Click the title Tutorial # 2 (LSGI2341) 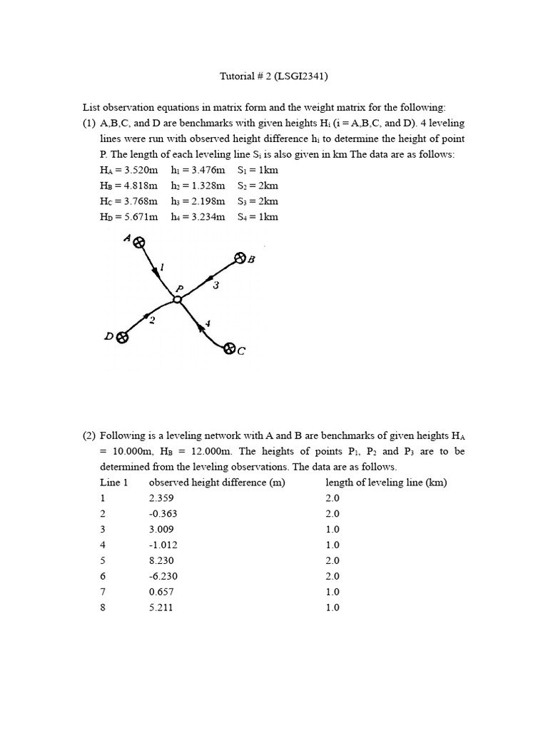pyautogui.click(x=273, y=75)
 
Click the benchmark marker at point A pyautogui.click(x=139, y=243)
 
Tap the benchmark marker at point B pyautogui.click(x=240, y=258)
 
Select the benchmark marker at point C pyautogui.click(x=229, y=349)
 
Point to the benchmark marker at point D pyautogui.click(x=122, y=338)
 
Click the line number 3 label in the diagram pyautogui.click(x=215, y=285)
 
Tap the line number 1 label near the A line pyautogui.click(x=161, y=267)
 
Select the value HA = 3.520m pyautogui.click(x=129, y=170)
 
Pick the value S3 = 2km pyautogui.click(x=258, y=201)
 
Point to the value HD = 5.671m pyautogui.click(x=129, y=217)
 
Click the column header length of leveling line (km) pyautogui.click(x=386, y=483)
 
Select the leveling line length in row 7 pyautogui.click(x=333, y=593)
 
